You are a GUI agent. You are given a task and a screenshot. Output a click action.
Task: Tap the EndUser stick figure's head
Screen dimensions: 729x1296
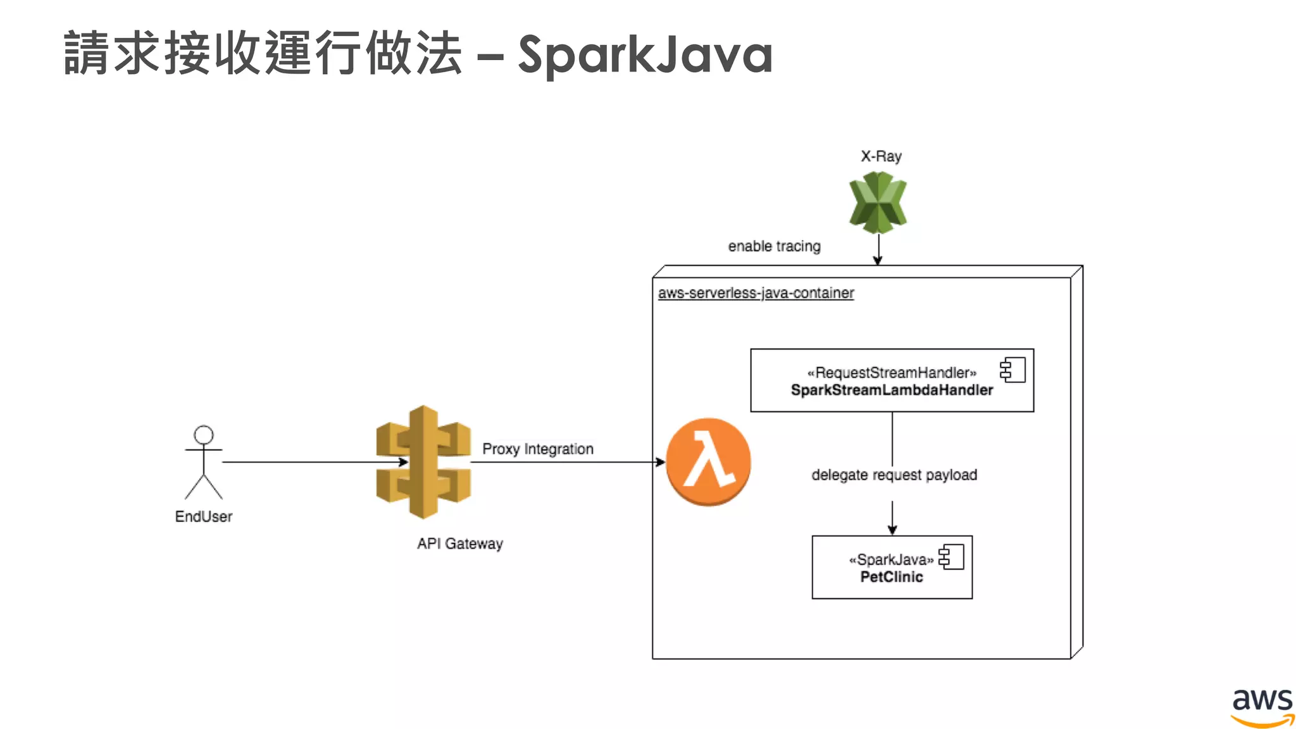(x=204, y=435)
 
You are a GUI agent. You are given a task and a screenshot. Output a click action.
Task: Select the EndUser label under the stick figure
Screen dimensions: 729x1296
(x=204, y=516)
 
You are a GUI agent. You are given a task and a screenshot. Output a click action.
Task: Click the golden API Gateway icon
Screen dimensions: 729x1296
(x=423, y=462)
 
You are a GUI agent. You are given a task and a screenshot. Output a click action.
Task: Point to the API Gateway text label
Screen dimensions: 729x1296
(x=460, y=544)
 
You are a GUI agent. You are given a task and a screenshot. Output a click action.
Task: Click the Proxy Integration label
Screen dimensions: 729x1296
(x=538, y=449)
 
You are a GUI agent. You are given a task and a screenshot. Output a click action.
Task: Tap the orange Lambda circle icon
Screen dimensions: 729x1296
(x=708, y=462)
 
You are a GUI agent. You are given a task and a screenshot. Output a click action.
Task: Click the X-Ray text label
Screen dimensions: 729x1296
(x=881, y=156)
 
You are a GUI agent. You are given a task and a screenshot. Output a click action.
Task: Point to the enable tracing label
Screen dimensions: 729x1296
(x=774, y=246)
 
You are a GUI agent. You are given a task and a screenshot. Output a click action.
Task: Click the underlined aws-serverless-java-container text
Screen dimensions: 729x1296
(x=756, y=293)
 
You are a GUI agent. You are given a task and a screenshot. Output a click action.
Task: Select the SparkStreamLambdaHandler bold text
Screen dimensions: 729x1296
(x=892, y=390)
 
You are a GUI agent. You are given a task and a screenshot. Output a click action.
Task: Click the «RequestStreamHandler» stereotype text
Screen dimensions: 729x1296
(x=892, y=373)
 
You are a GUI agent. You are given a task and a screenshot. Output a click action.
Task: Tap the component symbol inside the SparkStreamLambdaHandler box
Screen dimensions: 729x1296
(x=1012, y=370)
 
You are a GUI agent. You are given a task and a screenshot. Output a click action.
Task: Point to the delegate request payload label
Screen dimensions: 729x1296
(x=894, y=475)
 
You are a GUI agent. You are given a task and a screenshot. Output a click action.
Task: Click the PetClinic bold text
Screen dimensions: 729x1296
(x=892, y=576)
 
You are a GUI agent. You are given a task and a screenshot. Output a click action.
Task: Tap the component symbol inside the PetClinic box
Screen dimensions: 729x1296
(x=951, y=557)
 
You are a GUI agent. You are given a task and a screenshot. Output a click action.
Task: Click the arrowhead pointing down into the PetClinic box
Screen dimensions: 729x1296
(x=892, y=530)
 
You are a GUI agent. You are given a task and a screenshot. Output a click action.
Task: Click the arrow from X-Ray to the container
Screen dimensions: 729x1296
(x=878, y=248)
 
